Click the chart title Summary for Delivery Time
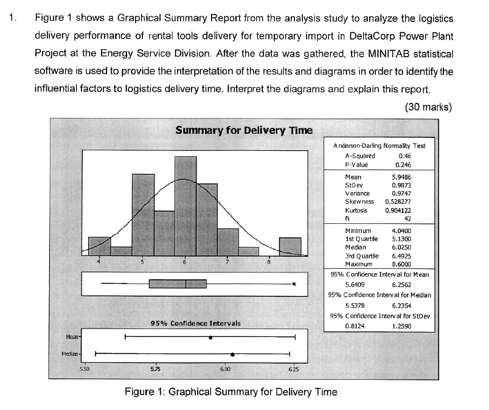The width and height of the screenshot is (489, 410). [x=243, y=130]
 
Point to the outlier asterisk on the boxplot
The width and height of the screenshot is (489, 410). [x=294, y=284]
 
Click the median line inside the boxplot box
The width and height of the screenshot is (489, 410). [x=186, y=284]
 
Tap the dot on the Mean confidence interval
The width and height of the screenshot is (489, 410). [x=210, y=337]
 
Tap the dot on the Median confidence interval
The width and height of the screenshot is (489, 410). [x=232, y=353]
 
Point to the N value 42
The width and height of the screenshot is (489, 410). [x=409, y=218]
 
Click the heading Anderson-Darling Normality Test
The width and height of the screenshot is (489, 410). [x=380, y=146]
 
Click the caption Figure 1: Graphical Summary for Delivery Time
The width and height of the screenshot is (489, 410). [x=230, y=392]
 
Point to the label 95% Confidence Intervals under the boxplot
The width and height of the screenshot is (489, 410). [x=195, y=323]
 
